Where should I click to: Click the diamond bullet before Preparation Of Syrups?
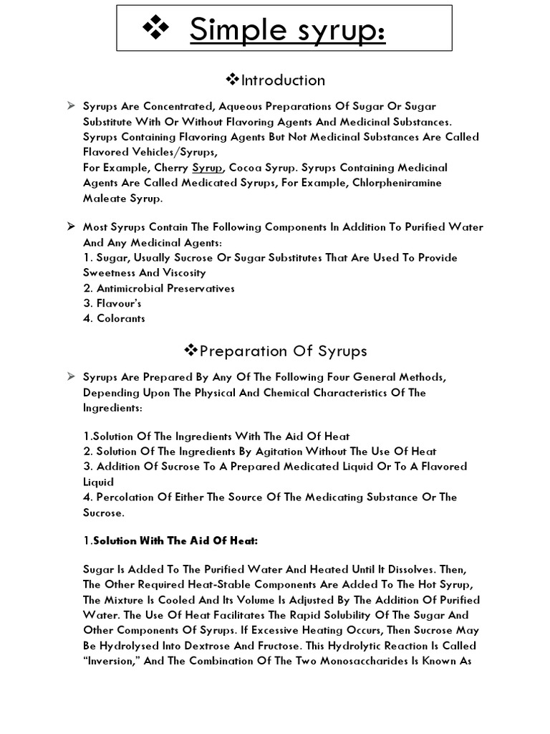[191, 351]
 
